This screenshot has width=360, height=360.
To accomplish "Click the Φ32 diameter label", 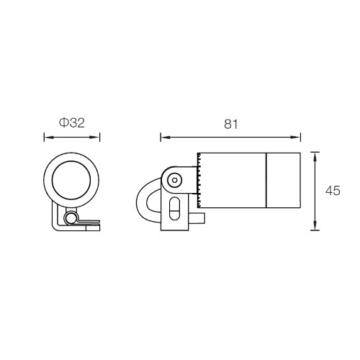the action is [72, 123].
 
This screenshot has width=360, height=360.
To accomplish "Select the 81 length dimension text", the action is [231, 125].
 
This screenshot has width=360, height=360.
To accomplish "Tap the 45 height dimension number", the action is [333, 191].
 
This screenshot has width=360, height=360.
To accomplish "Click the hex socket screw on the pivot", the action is [175, 180].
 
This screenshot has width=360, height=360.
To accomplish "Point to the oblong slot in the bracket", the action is [174, 208].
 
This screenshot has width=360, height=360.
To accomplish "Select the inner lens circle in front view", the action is [71, 180].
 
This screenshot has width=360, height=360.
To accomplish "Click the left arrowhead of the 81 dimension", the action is [165, 138].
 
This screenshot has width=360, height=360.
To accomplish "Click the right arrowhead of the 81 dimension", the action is [296, 138].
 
